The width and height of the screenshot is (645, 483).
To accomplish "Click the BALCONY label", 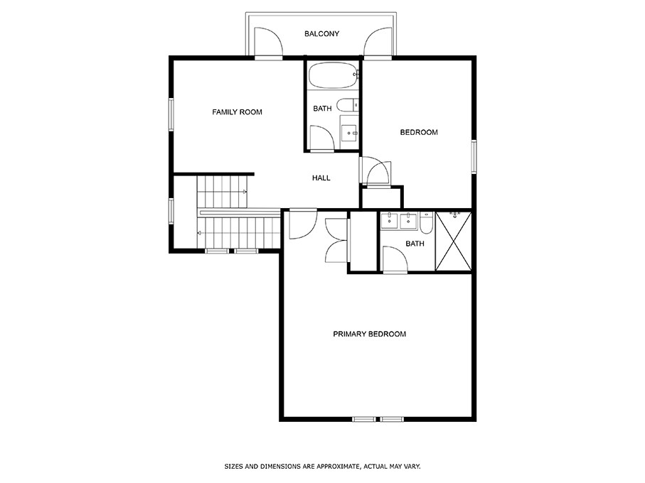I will (321, 33).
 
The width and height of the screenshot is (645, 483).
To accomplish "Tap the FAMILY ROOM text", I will (237, 112).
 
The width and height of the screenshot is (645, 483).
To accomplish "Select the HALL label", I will (321, 178).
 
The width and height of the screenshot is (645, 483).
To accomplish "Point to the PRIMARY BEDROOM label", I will (369, 334).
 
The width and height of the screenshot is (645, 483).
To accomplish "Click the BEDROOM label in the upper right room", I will (418, 132).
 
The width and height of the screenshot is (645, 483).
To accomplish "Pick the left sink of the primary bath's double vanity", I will (390, 222).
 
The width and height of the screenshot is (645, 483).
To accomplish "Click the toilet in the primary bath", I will (425, 224).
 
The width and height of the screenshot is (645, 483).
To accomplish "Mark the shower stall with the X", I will (452, 241).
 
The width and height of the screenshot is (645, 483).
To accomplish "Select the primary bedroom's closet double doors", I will (336, 241).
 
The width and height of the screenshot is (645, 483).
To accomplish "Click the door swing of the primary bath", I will (394, 259).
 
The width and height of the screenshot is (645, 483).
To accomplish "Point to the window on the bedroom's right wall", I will (473, 156).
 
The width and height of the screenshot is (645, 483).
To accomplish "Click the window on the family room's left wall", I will (171, 114).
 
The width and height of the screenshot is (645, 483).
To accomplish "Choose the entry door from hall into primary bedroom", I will (302, 224).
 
